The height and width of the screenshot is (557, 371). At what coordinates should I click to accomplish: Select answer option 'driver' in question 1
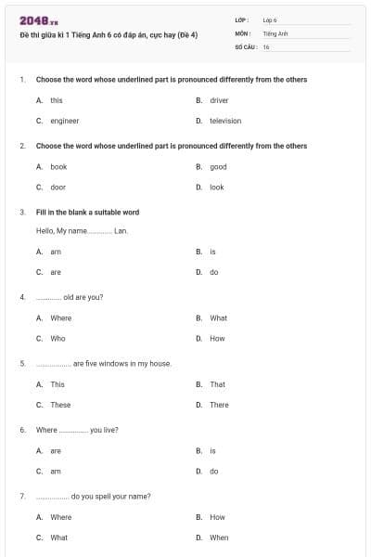[219, 100]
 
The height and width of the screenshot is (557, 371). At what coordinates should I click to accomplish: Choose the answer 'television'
[224, 121]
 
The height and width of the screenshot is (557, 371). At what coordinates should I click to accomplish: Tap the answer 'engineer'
[64, 121]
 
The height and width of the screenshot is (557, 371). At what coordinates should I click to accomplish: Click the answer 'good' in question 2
[218, 167]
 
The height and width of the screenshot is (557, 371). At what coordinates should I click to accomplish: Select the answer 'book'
[58, 167]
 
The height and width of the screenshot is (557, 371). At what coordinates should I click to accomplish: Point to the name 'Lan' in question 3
[120, 230]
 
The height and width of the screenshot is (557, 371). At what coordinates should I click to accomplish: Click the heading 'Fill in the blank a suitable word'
[87, 212]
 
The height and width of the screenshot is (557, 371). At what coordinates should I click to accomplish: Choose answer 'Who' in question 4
[58, 339]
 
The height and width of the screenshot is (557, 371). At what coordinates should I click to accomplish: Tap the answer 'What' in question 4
[218, 318]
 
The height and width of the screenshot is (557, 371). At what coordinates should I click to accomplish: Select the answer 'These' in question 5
[60, 405]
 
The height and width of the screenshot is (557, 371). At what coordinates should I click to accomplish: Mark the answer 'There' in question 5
[219, 405]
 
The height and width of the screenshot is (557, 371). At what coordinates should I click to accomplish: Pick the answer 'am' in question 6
[55, 471]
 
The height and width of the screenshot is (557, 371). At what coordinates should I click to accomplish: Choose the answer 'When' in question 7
[219, 538]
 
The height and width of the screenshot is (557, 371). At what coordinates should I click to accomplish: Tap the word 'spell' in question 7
[99, 496]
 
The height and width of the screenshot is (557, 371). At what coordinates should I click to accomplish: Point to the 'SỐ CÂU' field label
[245, 45]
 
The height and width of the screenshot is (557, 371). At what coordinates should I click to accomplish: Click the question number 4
[22, 297]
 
